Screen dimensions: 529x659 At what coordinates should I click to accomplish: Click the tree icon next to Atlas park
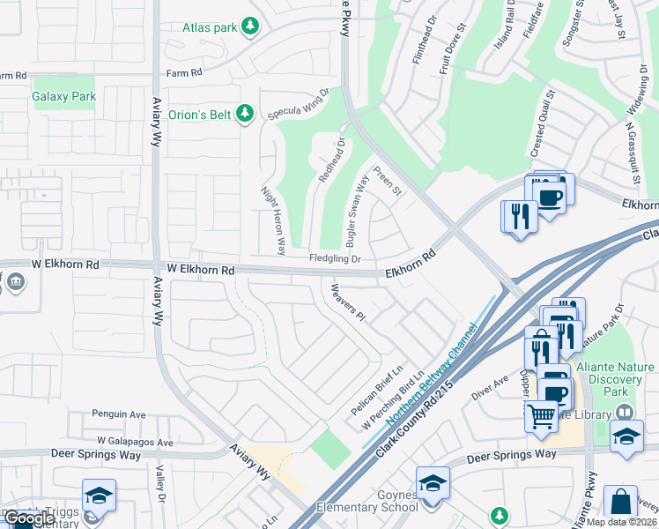[250, 27]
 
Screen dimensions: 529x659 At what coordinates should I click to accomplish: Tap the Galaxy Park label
[63, 95]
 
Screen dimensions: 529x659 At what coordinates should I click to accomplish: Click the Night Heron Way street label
[274, 220]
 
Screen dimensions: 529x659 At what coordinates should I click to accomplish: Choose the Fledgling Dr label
[335, 258]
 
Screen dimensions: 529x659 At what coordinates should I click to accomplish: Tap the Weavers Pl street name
[347, 302]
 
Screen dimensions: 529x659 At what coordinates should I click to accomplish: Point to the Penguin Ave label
[119, 414]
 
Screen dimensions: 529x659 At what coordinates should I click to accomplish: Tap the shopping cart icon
[541, 415]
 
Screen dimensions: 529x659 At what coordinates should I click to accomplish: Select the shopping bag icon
[621, 501]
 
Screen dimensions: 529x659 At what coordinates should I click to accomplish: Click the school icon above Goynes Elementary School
[433, 482]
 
